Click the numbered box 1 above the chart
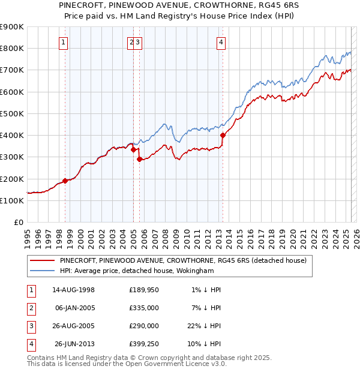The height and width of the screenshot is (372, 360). [63, 42]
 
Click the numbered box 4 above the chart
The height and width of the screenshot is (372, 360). [221, 42]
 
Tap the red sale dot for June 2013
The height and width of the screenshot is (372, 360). [223, 136]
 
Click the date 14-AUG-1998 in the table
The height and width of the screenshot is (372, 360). [73, 290]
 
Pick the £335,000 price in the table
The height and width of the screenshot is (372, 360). [144, 308]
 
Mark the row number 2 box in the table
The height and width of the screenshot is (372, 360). [31, 308]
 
